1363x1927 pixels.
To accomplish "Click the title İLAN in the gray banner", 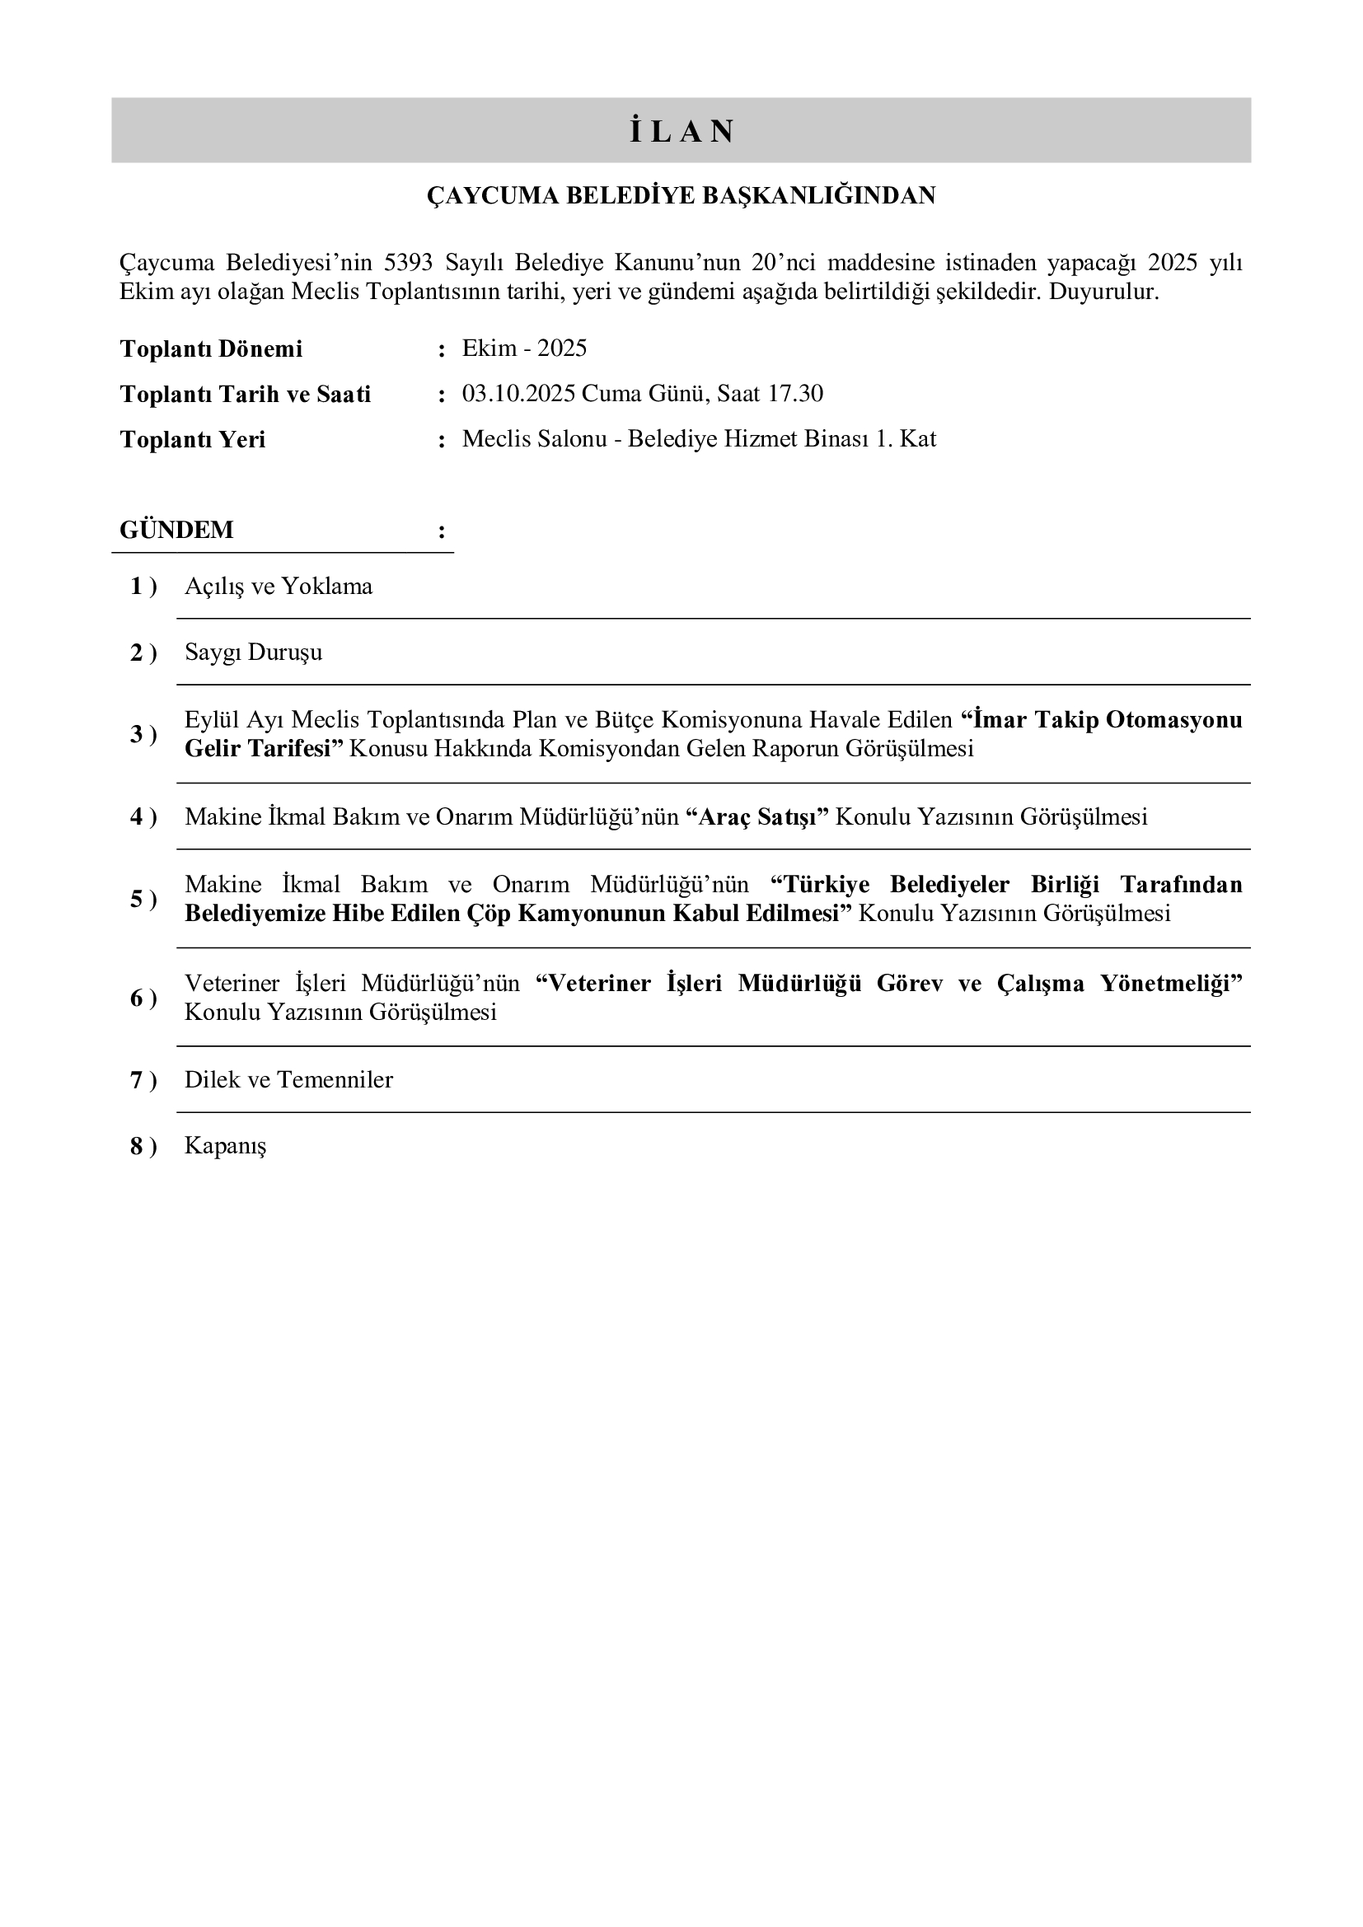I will coord(681,132).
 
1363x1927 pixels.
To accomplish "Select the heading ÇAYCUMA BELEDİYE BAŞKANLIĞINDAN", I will coord(681,195).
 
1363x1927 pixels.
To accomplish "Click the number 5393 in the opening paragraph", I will coord(408,263).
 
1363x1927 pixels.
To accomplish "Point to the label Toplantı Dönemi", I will coord(211,349).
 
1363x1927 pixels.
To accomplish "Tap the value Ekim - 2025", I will coord(524,348).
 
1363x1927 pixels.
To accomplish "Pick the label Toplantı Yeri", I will coord(192,440).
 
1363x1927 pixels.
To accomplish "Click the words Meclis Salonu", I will coord(534,439).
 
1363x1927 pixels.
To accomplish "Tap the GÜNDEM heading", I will coord(176,531).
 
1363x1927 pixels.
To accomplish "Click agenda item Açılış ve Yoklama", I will coord(278,587).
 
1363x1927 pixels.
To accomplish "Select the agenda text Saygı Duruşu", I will coord(253,653).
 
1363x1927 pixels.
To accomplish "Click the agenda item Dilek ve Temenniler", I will coord(288,1080).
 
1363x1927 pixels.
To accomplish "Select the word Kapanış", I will coord(225,1147).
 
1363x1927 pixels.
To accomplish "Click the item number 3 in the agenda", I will coord(137,735).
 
